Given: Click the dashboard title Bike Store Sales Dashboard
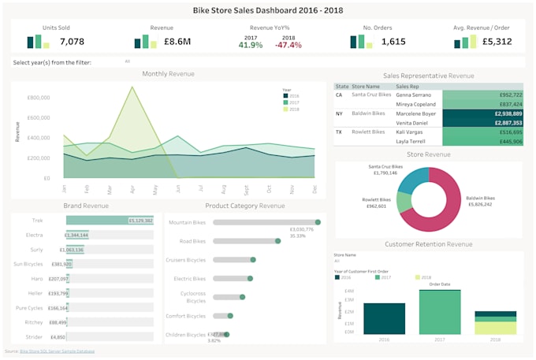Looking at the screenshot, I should [x=268, y=10].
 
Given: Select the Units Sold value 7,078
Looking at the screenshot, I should [x=72, y=42].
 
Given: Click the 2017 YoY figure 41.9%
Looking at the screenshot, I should [x=250, y=45].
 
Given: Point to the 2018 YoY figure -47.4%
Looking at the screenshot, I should [x=288, y=45].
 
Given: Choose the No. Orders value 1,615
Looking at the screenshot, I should [x=393, y=42].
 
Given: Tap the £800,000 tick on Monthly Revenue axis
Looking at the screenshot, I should [x=39, y=98].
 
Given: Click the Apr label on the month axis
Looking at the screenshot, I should [x=133, y=190].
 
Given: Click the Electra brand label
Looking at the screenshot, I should [x=34, y=235].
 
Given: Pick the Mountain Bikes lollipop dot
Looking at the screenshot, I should [x=318, y=222].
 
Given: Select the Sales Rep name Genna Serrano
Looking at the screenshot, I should [x=413, y=95].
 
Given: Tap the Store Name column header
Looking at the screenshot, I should [x=366, y=86].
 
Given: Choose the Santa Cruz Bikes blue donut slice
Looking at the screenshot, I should [x=411, y=180].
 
